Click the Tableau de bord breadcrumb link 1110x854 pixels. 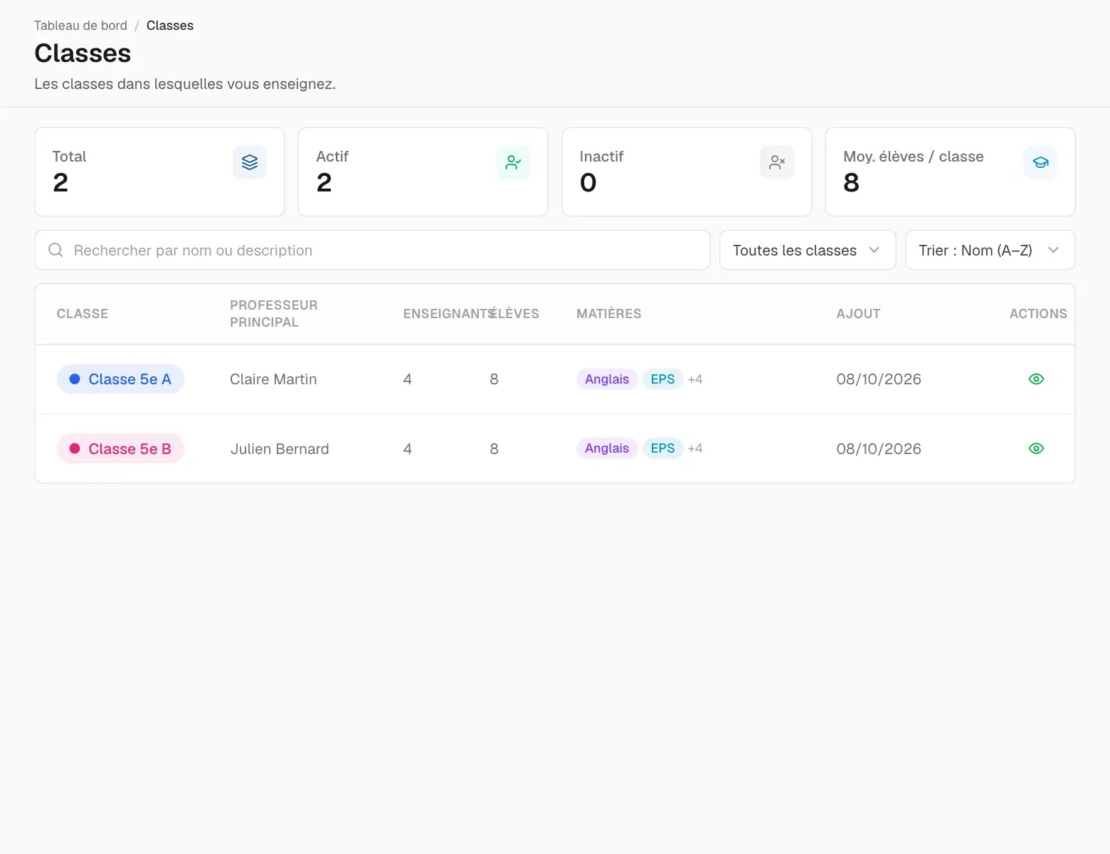click(80, 26)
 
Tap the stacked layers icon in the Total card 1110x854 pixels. click(250, 162)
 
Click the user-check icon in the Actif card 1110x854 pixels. click(513, 162)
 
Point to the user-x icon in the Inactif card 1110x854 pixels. click(777, 162)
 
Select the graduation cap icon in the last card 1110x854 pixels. click(1040, 162)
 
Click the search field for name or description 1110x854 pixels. click(372, 251)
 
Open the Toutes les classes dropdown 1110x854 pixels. click(808, 251)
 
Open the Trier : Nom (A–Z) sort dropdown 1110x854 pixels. click(990, 251)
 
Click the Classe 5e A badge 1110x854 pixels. click(120, 379)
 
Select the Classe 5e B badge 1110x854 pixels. click(120, 448)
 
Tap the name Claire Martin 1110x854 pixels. click(273, 379)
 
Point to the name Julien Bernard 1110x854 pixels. click(280, 448)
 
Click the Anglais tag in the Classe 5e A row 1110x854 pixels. click(607, 379)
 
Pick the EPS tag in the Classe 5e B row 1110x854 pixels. click(662, 448)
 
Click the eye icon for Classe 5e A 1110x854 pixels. click(1036, 379)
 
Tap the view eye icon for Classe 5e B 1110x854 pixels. click(1036, 448)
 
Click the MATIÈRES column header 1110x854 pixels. click(609, 314)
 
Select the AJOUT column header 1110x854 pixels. click(858, 314)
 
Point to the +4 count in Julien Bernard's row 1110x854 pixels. click(695, 448)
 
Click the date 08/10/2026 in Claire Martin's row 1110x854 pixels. click(879, 379)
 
